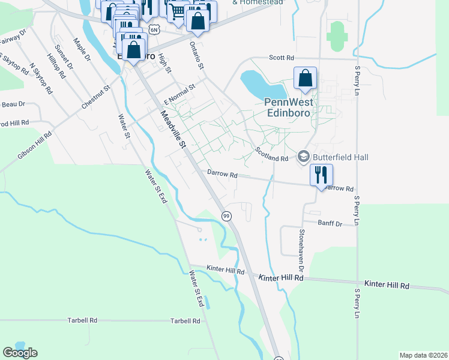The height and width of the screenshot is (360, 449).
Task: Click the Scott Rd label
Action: click(282, 58)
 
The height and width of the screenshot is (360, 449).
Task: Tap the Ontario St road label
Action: click(196, 54)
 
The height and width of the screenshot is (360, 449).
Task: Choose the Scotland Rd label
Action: click(272, 154)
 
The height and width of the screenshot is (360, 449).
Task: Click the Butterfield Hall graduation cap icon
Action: click(304, 157)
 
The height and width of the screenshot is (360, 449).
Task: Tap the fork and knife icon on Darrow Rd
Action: click(321, 175)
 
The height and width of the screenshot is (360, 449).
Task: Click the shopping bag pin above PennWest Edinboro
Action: click(306, 78)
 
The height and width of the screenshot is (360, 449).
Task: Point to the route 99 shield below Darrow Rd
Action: click(226, 215)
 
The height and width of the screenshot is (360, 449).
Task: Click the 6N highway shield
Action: click(154, 29)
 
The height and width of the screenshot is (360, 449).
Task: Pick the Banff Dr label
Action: click(330, 223)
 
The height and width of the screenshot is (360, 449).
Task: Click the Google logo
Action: click(20, 353)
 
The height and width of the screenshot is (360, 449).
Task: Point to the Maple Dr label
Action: click(82, 50)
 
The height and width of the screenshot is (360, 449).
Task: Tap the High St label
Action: click(164, 64)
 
